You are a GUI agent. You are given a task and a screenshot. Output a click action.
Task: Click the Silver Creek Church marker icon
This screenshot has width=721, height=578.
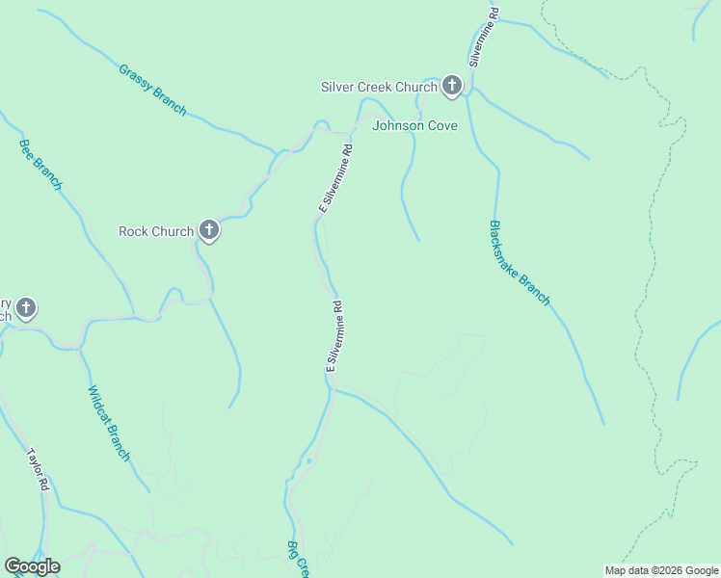tap(451, 87)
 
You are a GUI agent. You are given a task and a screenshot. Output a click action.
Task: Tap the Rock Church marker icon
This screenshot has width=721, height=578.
tap(208, 230)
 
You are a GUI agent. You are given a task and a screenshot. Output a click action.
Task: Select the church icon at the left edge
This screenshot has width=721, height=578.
tap(26, 309)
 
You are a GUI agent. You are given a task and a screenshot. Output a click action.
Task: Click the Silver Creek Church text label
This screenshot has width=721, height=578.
tap(379, 88)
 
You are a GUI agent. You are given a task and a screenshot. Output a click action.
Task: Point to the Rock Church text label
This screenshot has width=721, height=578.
tap(156, 231)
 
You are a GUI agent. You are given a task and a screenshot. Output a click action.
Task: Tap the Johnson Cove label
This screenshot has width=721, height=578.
tap(414, 125)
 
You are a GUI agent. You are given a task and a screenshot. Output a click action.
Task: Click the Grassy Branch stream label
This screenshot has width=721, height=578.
tap(152, 90)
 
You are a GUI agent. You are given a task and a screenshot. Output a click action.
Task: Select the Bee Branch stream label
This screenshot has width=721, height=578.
tap(40, 165)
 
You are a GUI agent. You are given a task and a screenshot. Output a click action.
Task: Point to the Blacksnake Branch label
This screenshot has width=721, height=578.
tap(519, 263)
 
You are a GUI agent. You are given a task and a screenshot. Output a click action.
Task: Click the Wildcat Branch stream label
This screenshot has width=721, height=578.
tap(108, 423)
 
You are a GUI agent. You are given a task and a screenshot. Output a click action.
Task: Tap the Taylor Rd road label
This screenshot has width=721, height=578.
tap(38, 470)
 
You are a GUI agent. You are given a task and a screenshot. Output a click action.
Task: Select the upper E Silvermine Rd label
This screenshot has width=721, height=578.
tap(335, 179)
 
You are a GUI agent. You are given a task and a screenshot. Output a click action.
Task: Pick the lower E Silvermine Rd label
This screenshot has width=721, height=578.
tap(334, 336)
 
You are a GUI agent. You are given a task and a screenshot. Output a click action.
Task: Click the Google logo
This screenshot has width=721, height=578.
tap(32, 566)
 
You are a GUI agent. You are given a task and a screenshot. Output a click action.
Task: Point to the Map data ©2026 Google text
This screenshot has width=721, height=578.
tap(661, 570)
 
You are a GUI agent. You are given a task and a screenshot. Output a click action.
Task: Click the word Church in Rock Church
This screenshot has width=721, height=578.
tap(174, 231)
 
